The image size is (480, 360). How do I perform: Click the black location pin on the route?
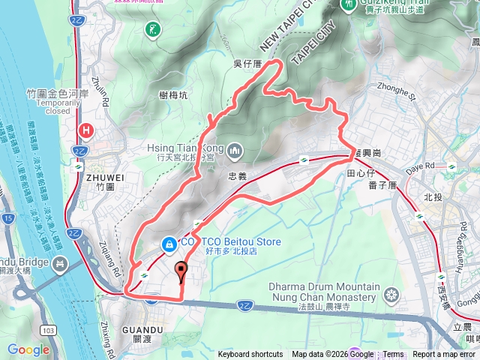click(180, 270)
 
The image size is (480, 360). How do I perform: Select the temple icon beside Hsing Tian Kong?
click(235, 151)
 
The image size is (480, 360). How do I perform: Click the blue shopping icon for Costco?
click(170, 243)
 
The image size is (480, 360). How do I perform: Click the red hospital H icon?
click(87, 130)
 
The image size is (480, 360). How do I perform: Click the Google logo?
click(28, 349)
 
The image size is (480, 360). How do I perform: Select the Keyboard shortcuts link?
click(250, 355)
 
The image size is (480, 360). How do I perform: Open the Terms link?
click(393, 355)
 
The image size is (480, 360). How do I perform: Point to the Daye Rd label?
click(420, 165)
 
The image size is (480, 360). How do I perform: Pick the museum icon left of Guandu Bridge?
click(60, 264)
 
